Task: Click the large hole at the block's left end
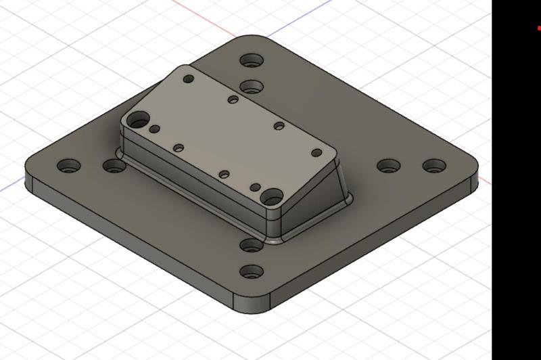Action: click(139, 121)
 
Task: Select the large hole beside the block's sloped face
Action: click(272, 197)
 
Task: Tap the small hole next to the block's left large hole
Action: click(155, 129)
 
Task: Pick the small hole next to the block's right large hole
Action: click(255, 187)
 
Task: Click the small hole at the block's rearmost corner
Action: click(189, 79)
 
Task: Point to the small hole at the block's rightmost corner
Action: click(316, 153)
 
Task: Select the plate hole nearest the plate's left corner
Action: click(69, 165)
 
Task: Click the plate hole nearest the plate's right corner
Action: click(432, 165)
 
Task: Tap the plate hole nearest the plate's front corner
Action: click(252, 273)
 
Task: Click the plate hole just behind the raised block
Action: click(251, 87)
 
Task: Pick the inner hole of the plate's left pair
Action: click(113, 165)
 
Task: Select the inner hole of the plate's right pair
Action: click(387, 166)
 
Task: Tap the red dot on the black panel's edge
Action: click(539, 28)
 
